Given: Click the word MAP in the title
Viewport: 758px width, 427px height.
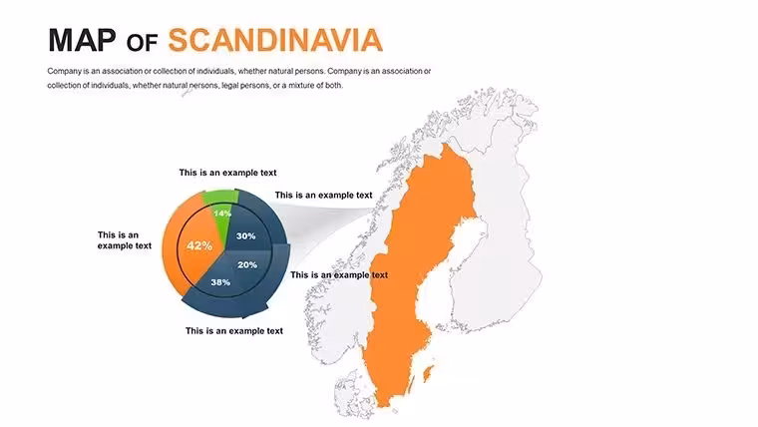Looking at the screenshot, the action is pyautogui.click(x=82, y=40).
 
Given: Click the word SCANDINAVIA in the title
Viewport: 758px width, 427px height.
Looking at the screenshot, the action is pyautogui.click(x=275, y=40).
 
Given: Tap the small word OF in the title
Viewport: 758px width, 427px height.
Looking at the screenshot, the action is pyautogui.click(x=142, y=43).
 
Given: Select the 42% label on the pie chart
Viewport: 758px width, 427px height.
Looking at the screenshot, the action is pyautogui.click(x=199, y=245).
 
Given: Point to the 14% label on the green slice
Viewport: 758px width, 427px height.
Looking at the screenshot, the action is pyautogui.click(x=222, y=213).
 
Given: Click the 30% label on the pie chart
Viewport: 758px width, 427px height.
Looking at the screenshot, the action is pyautogui.click(x=245, y=236).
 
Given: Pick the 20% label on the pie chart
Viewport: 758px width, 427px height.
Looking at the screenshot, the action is pyautogui.click(x=247, y=264).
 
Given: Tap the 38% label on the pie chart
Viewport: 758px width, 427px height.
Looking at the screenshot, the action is pyautogui.click(x=220, y=282).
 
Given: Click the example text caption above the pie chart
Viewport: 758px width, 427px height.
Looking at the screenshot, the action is pyautogui.click(x=227, y=173).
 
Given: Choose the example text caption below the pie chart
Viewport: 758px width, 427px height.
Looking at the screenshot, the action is pyautogui.click(x=234, y=331).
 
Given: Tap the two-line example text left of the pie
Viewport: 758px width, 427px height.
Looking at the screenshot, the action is pyautogui.click(x=125, y=240).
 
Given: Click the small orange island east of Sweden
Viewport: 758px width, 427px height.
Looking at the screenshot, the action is pyautogui.click(x=428, y=373).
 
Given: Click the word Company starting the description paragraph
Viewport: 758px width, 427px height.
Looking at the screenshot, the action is pyautogui.click(x=64, y=71).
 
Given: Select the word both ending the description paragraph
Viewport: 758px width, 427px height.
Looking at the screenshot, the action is pyautogui.click(x=334, y=85).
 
